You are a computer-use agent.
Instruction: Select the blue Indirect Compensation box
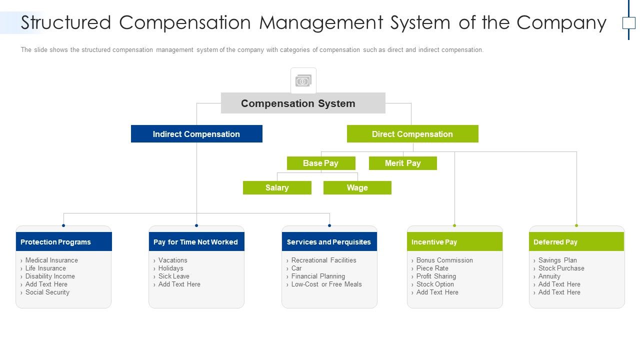point(196,134)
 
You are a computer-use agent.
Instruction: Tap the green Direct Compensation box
point(412,134)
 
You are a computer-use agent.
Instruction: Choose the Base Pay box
point(321,163)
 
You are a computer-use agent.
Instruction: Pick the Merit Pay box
point(403,163)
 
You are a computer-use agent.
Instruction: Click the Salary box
point(277,187)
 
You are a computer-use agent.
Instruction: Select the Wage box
point(357,187)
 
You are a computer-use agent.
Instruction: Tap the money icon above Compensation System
point(303,80)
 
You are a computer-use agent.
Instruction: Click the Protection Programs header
point(63,242)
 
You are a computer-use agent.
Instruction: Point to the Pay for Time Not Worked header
point(196,242)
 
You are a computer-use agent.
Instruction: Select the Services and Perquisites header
point(329,242)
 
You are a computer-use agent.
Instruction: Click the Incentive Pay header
point(454,242)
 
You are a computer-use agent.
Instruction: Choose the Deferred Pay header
point(576,242)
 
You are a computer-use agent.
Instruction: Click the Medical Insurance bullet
point(51,260)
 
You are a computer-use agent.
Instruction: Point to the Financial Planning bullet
point(318,276)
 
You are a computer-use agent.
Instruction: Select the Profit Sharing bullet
point(436,276)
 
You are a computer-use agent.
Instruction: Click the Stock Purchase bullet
point(561,268)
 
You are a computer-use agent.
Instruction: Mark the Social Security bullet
point(47,292)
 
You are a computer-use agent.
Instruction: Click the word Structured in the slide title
point(65,23)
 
